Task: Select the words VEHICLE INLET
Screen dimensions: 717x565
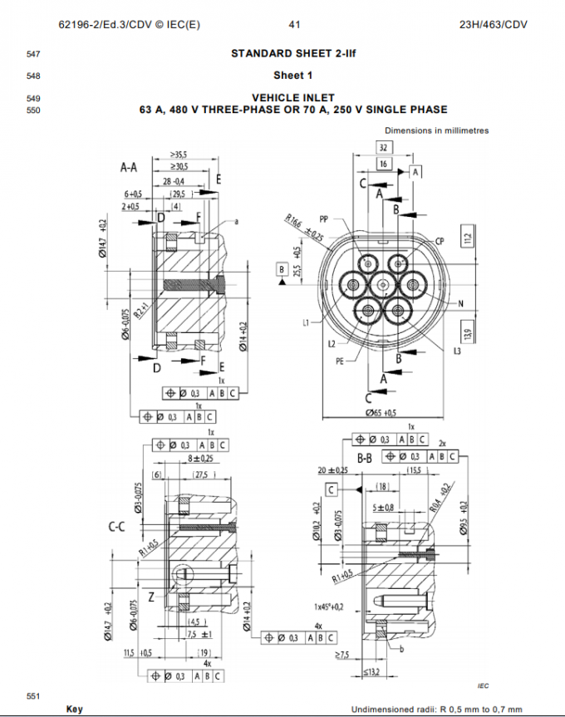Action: click(x=293, y=98)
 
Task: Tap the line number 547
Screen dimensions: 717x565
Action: click(x=33, y=55)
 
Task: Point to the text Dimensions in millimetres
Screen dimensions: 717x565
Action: click(x=437, y=130)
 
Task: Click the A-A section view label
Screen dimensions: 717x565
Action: click(x=129, y=167)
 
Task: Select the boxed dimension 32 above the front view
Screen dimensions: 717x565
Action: click(x=383, y=147)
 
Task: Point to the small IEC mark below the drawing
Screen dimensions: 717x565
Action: click(x=483, y=685)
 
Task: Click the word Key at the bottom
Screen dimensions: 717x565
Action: click(x=75, y=710)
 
